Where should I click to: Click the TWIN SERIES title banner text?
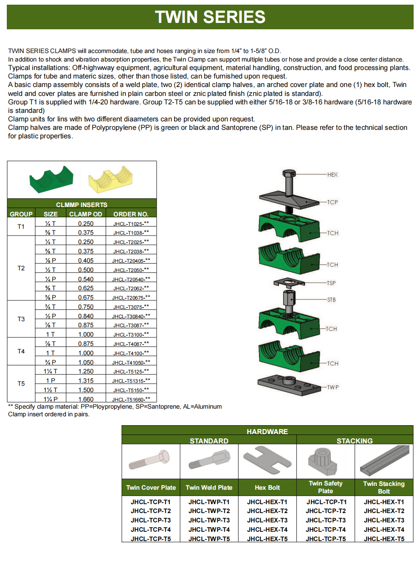(x=210, y=17)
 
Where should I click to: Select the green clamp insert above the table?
(x=51, y=179)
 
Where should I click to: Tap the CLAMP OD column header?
(x=85, y=214)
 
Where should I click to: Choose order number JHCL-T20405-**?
(x=131, y=261)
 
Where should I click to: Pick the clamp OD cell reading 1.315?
(x=86, y=381)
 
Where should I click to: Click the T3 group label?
(x=21, y=319)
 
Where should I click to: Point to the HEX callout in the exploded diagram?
(x=332, y=175)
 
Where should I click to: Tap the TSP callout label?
(x=331, y=283)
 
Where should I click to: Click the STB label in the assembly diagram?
(x=331, y=300)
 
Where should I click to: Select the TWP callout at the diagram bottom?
(x=333, y=387)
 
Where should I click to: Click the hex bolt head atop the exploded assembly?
(x=289, y=174)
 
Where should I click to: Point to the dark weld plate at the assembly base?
(x=289, y=384)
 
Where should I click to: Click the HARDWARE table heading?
(x=267, y=431)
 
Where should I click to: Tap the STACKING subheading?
(x=355, y=441)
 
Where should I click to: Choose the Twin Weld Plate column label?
(x=209, y=488)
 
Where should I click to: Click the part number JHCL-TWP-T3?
(x=209, y=520)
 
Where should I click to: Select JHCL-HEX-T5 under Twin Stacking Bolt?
(x=384, y=539)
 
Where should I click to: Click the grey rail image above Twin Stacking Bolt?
(x=384, y=461)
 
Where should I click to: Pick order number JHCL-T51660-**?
(x=131, y=399)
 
